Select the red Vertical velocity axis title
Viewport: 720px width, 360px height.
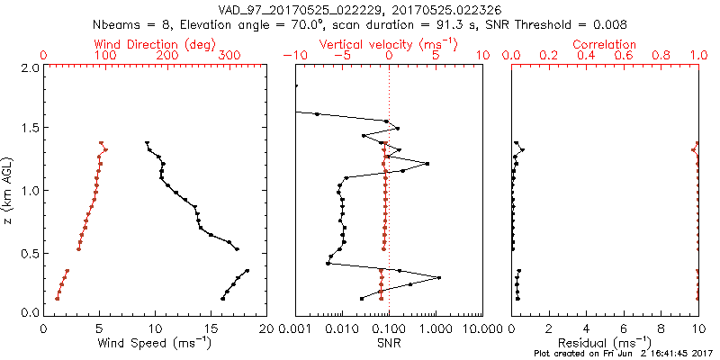[389, 44]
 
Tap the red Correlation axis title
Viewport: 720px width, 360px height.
[605, 44]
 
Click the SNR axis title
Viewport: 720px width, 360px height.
[389, 343]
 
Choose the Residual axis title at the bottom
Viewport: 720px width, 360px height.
[605, 343]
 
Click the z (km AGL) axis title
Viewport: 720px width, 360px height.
[9, 190]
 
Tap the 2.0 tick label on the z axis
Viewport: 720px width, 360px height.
[30, 67]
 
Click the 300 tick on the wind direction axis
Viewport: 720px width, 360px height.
[229, 56]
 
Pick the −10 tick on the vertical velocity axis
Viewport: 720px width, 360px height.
[292, 56]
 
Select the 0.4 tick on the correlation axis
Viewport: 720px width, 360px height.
[586, 56]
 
